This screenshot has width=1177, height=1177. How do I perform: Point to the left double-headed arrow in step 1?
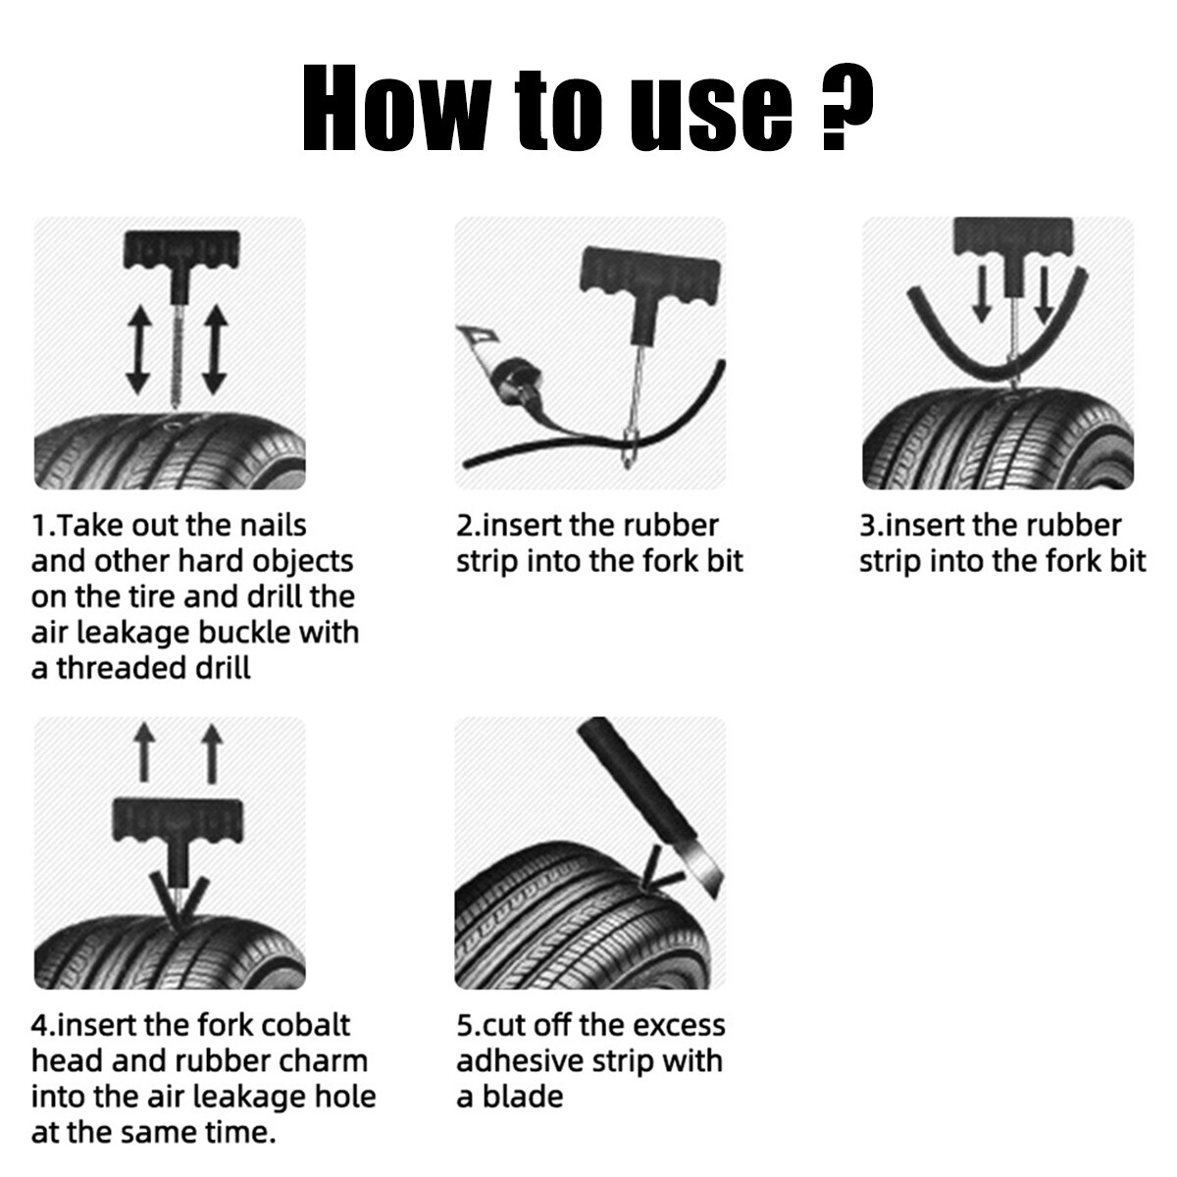(138, 348)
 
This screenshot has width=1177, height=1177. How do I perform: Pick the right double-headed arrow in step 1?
(214, 348)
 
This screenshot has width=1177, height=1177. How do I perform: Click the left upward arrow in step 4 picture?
(144, 752)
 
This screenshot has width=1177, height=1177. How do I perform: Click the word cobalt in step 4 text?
(303, 1026)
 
